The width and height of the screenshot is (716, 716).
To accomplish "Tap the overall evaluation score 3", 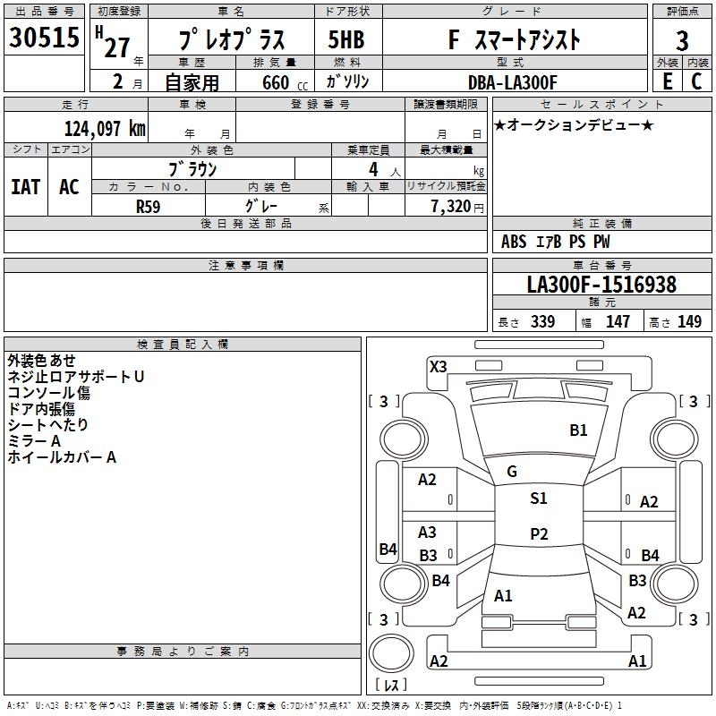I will tap(682, 40).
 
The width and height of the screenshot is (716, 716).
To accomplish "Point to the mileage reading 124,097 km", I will tap(105, 128).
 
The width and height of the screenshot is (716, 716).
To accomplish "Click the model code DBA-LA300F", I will tap(512, 82).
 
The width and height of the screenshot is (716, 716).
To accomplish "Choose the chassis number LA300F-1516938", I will tap(601, 285).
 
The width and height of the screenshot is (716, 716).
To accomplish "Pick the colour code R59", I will tap(148, 206).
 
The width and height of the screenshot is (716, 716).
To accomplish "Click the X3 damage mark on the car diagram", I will tap(439, 366).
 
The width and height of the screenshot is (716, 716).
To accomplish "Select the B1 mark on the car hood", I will tap(579, 430).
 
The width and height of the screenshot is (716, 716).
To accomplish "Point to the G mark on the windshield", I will tap(512, 471).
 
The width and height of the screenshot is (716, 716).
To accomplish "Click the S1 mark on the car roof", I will tap(539, 499).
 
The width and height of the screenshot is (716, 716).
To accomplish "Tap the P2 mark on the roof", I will tap(539, 534).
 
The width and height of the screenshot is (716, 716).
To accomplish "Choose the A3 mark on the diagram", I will tap(428, 533).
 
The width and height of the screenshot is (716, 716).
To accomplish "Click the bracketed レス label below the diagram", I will tap(391, 686).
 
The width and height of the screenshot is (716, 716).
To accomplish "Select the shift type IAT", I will tap(25, 187).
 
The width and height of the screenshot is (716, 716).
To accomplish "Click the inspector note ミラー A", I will tap(34, 441).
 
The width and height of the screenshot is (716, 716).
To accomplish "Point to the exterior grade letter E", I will tap(667, 81).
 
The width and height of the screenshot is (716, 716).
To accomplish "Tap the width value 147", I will tap(618, 322).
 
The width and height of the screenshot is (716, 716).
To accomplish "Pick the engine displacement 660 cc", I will tap(274, 82).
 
